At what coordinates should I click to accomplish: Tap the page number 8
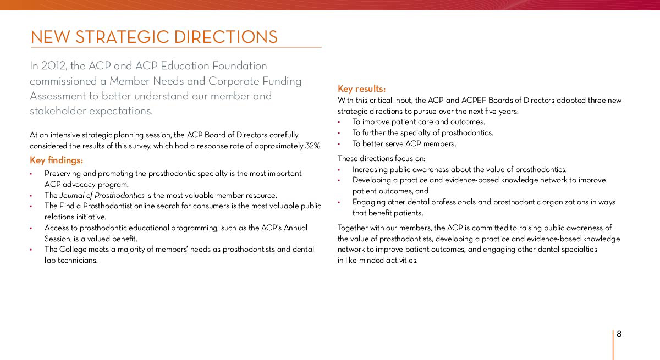point(619,334)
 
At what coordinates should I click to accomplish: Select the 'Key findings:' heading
point(57,160)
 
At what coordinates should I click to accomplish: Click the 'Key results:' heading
point(361,88)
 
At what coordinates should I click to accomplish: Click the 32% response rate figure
point(313,146)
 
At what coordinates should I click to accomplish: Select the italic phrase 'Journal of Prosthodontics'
point(102,195)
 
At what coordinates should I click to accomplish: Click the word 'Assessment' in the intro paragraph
point(56,96)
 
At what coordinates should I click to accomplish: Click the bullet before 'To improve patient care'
point(339,122)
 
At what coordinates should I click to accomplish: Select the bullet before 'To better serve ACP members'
point(339,144)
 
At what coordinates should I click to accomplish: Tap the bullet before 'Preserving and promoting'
point(31,174)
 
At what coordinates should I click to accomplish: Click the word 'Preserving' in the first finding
point(63,174)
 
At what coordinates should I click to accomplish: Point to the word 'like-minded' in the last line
point(365,261)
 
